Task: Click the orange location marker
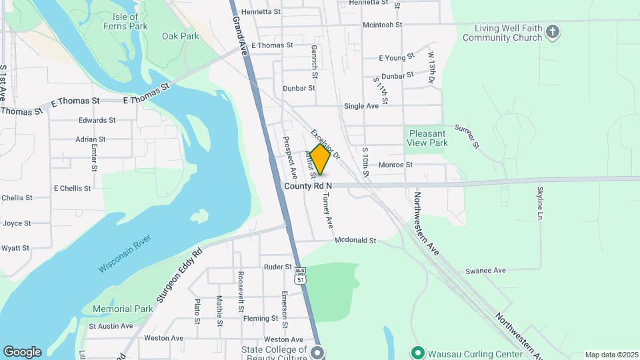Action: [320, 159]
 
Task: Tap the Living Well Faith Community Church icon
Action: [552, 31]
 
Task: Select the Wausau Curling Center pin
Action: [417, 352]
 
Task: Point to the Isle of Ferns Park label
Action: [125, 21]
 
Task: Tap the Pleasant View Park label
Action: [427, 138]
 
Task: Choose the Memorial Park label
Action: [123, 309]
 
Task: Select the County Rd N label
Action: [308, 186]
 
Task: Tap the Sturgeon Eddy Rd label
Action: [178, 277]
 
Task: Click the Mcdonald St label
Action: [355, 240]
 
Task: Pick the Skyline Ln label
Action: [540, 203]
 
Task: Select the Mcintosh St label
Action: [382, 25]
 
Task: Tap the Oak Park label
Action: [180, 36]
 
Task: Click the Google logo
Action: [22, 352]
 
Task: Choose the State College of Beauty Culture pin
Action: [317, 352]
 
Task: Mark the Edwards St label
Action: [97, 121]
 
